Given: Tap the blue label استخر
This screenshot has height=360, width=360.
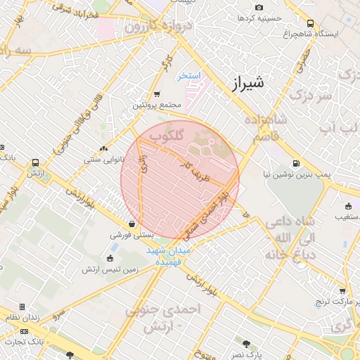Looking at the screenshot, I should (189, 75).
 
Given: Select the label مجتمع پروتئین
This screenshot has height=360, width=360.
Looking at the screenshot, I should (152, 105).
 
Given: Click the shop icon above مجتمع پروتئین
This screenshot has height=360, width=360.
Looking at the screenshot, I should (157, 94).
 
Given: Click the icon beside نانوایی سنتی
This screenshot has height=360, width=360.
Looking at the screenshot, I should (104, 148).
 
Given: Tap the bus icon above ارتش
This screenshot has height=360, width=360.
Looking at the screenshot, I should (35, 163).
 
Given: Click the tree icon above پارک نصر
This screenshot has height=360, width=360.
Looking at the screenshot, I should (246, 343).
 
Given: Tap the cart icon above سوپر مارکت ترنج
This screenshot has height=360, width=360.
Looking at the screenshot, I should (342, 291).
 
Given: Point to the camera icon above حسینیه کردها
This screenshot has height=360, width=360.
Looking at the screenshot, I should (259, 7).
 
